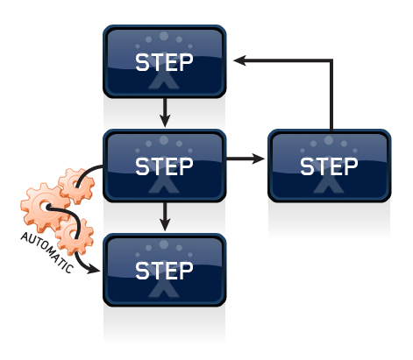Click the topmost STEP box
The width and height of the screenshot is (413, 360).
pyautogui.click(x=165, y=61)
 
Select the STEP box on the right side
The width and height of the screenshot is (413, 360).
pyautogui.click(x=330, y=166)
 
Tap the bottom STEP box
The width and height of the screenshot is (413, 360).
pyautogui.click(x=165, y=270)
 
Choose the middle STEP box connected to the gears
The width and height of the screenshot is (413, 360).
pyautogui.click(x=165, y=166)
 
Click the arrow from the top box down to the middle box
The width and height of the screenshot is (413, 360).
pyautogui.click(x=165, y=113)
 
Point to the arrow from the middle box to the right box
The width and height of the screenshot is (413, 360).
pyautogui.click(x=246, y=159)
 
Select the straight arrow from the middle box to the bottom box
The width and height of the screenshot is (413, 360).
pyautogui.click(x=165, y=216)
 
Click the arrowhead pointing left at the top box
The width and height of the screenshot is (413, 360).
pyautogui.click(x=239, y=60)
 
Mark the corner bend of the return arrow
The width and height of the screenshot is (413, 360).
pyautogui.click(x=331, y=60)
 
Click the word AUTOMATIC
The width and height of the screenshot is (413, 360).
pyautogui.click(x=46, y=252)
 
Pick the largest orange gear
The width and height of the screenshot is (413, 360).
pyautogui.click(x=44, y=208)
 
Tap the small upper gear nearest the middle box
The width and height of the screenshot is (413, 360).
pyautogui.click(x=76, y=186)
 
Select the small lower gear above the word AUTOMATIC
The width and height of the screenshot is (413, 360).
pyautogui.click(x=75, y=236)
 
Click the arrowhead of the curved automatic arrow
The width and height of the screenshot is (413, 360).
pyautogui.click(x=94, y=270)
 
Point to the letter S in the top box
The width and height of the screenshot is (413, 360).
pyautogui.click(x=142, y=62)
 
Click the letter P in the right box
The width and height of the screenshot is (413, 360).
pyautogui.click(x=351, y=166)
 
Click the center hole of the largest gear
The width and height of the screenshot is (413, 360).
pyautogui.click(x=44, y=207)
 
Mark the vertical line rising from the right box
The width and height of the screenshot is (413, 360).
pyautogui.click(x=331, y=95)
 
